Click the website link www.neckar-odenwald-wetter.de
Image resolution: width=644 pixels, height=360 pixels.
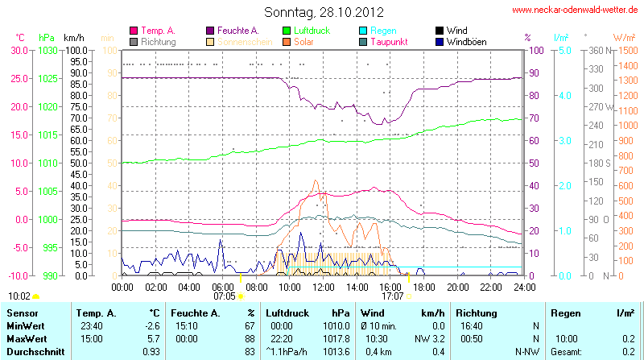pyautogui.click(x=575, y=10)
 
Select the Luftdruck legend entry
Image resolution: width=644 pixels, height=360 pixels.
pyautogui.click(x=308, y=30)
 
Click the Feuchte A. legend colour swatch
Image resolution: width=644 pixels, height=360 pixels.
pyautogui.click(x=211, y=30)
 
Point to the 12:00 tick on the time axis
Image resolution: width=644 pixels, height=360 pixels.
pyautogui.click(x=323, y=286)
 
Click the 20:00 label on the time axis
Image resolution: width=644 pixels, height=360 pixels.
pyautogui.click(x=457, y=286)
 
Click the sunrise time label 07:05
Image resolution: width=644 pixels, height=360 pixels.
pyautogui.click(x=224, y=296)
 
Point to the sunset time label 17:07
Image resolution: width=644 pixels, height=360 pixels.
pyautogui.click(x=392, y=296)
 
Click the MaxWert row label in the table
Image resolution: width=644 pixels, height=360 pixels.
pyautogui.click(x=27, y=339)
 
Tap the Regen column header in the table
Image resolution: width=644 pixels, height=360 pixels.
pyautogui.click(x=564, y=312)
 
